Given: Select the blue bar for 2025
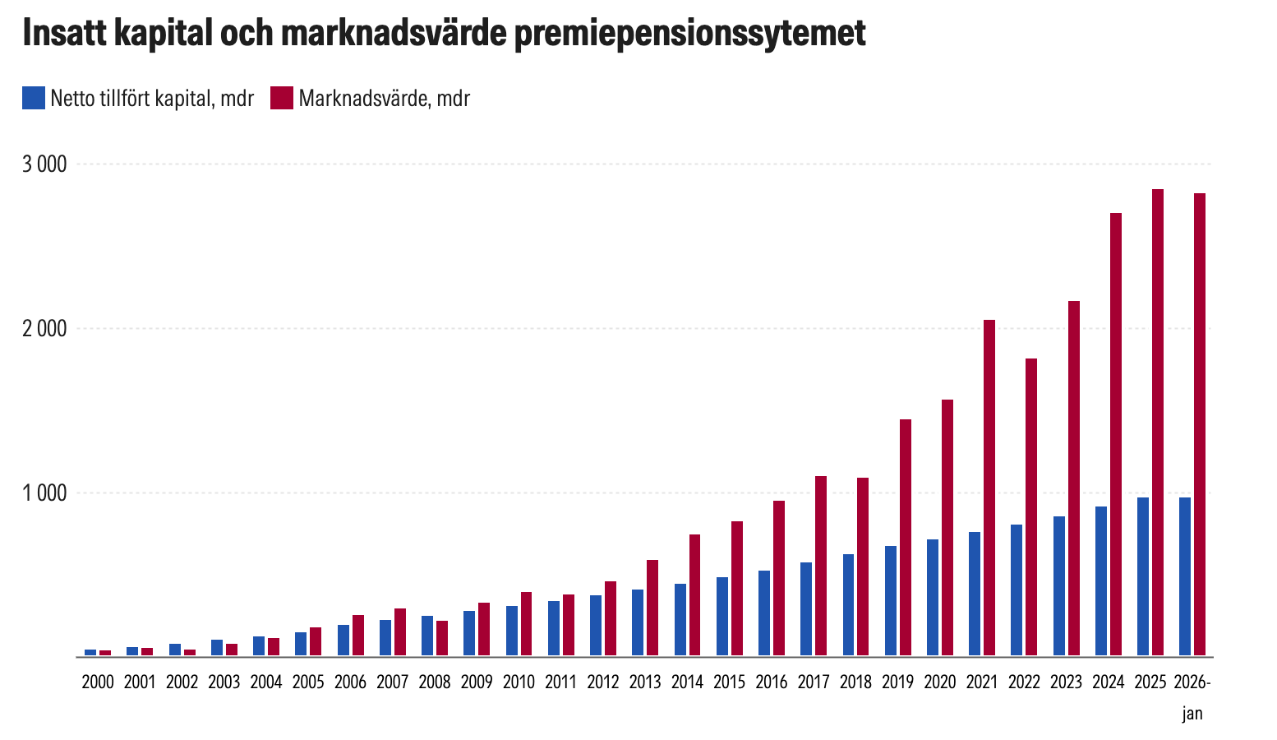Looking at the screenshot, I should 1143,576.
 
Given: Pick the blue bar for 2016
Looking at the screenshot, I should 764,613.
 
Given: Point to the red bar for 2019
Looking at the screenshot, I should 906,538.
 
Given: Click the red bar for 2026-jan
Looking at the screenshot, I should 1200,424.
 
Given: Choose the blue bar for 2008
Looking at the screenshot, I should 427,636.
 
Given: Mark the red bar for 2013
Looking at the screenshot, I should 652,608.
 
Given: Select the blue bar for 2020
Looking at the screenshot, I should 933,598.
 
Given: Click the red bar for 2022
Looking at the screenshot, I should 1031,507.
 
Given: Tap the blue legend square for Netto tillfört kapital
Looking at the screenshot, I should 34,98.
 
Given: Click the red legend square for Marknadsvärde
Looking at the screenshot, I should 282,98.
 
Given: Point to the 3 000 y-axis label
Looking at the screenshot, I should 44,164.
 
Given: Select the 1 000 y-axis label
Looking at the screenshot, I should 44,493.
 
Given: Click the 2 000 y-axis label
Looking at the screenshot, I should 44,329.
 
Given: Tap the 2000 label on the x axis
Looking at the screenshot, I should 98,682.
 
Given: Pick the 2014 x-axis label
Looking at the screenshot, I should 687,682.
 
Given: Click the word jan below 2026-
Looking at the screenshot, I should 1192,714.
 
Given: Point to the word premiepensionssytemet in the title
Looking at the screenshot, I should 690,33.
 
